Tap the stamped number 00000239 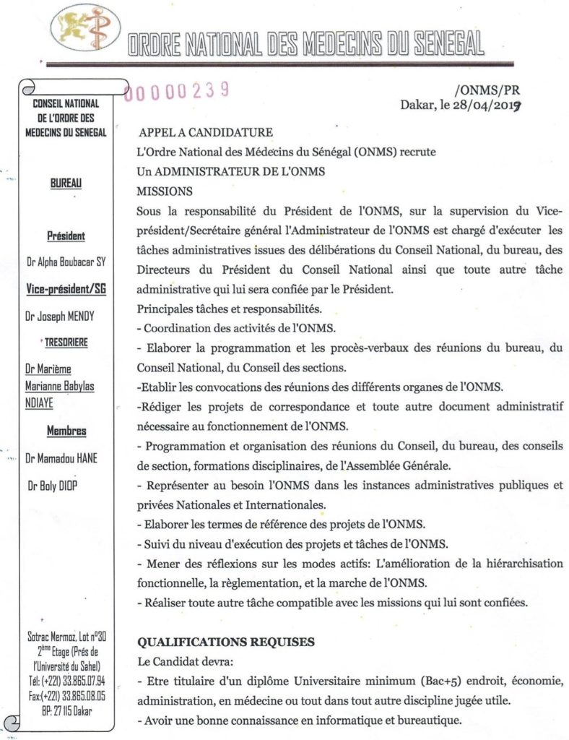click(178, 90)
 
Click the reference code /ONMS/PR click(487, 90)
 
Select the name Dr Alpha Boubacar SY click(66, 262)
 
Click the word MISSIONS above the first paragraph click(165, 192)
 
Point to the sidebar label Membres click(66, 431)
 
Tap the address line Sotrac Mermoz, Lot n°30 click(66, 637)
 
